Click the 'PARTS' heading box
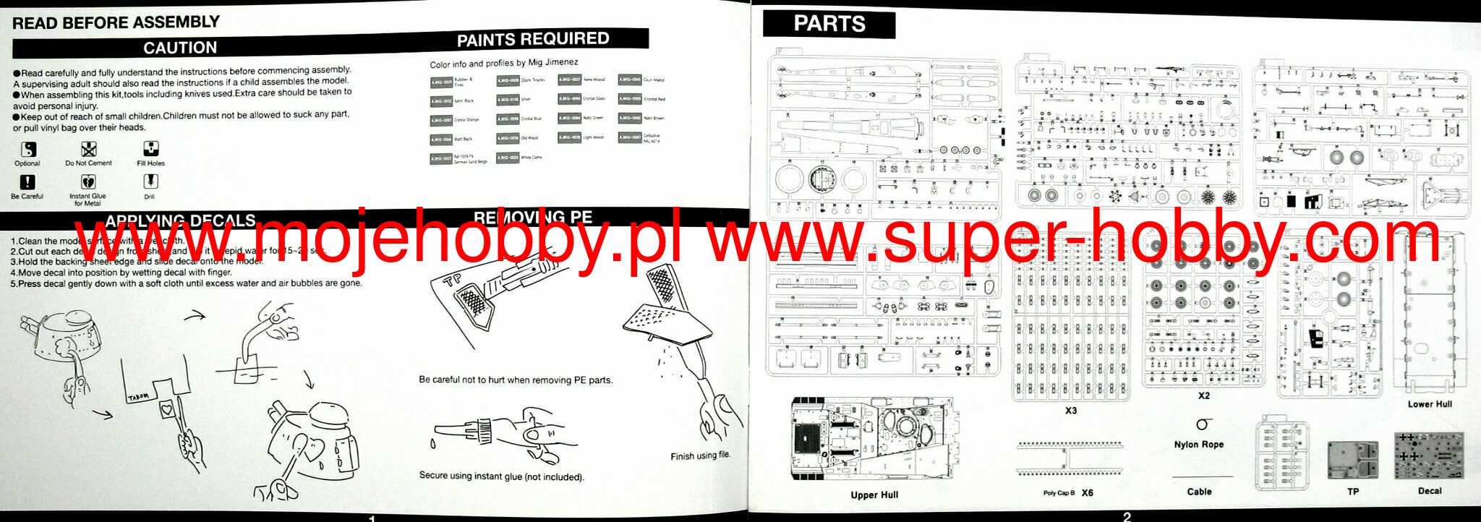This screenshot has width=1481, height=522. coord(829,24)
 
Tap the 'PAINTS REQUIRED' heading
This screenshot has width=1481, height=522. coord(533,39)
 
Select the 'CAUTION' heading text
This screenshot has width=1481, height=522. coord(180,48)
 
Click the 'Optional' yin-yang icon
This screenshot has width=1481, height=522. coord(28,149)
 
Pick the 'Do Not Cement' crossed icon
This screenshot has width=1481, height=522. coord(88,149)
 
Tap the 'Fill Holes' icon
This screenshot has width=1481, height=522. coord(150,149)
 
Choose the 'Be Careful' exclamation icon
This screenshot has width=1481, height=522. coord(27,182)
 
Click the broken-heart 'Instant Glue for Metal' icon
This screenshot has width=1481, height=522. coord(88,181)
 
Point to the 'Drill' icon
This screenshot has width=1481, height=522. coord(150,181)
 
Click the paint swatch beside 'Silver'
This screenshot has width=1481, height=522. coord(508,100)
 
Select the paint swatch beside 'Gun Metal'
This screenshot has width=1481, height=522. coord(629,80)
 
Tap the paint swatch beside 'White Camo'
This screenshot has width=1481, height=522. coord(508,157)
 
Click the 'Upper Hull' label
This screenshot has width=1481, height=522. coord(874,495)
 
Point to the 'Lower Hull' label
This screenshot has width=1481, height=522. coord(1429,404)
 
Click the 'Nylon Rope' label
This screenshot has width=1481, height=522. coord(1198,445)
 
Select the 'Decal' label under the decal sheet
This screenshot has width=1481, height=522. coord(1429,491)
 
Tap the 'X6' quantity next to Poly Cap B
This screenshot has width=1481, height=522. coord(1087,493)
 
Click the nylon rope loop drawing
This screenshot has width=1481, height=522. coord(1202,424)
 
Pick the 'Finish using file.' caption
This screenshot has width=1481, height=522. coord(700,455)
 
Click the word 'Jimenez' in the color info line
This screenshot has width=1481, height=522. coord(562,62)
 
